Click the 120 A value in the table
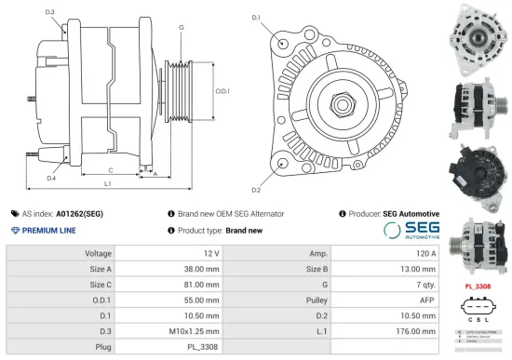point(425,253)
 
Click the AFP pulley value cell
point(428,300)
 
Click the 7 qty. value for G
point(426,284)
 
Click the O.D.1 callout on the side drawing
point(222,91)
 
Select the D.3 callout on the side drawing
point(48,12)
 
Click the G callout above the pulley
point(181,28)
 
